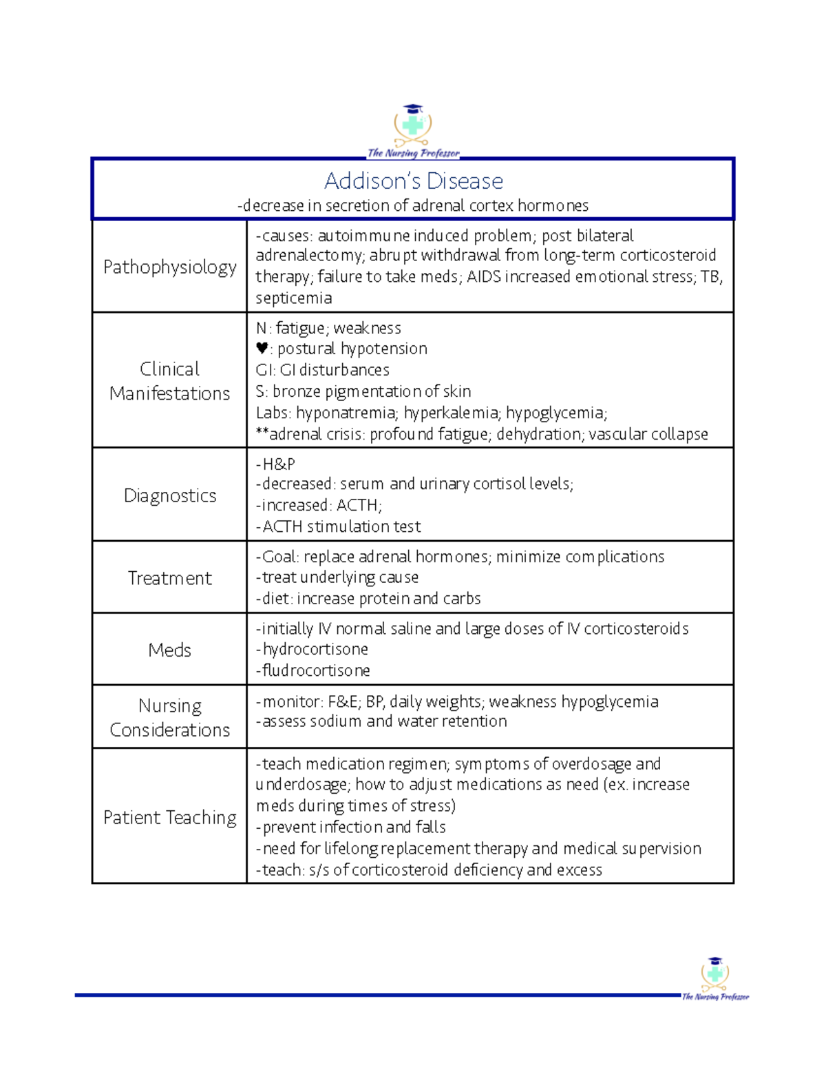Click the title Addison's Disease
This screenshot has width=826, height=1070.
tap(413, 181)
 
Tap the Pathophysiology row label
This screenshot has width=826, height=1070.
tap(169, 267)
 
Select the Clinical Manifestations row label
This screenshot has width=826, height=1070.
tap(169, 380)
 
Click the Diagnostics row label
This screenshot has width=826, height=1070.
tap(169, 495)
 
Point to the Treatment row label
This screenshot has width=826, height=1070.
tap(169, 578)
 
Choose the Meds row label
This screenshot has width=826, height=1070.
tap(169, 650)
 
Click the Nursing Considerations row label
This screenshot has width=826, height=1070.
tap(169, 717)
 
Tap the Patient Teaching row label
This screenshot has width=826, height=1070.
tap(169, 817)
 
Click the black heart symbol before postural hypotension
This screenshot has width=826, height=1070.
tap(262, 349)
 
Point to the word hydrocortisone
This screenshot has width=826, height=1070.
tap(315, 649)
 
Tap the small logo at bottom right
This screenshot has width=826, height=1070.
tap(715, 978)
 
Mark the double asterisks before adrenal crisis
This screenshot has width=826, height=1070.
tap(262, 433)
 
